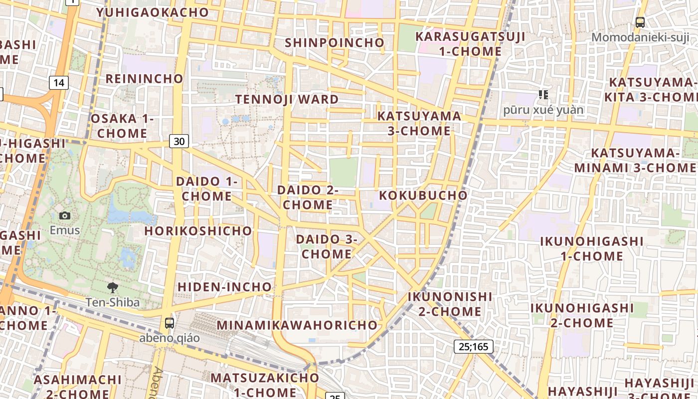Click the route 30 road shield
(x=179, y=141)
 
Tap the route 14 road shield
(x=59, y=82)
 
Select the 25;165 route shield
(x=473, y=347)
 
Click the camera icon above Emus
(x=64, y=215)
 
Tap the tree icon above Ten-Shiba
(x=113, y=287)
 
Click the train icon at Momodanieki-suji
(x=640, y=22)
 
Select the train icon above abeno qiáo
(x=170, y=323)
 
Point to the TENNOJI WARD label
(x=287, y=99)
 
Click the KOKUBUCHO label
(x=423, y=195)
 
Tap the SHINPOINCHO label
(x=335, y=43)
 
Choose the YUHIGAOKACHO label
(x=153, y=12)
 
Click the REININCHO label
(x=145, y=79)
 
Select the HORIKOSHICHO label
(x=198, y=231)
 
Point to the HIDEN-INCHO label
(x=224, y=287)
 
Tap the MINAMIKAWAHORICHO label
(x=297, y=325)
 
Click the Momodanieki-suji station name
(x=640, y=37)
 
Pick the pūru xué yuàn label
(x=543, y=110)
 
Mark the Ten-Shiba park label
(x=113, y=302)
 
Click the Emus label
(x=64, y=230)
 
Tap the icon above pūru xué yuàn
(x=543, y=94)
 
